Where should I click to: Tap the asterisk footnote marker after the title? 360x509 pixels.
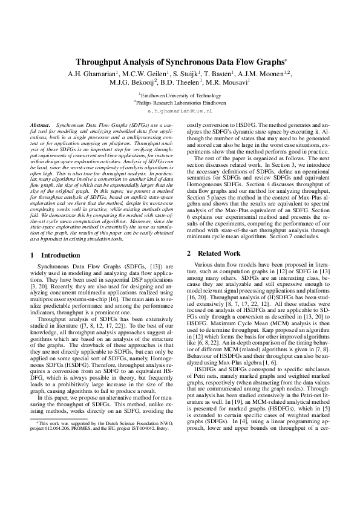tap(286, 60)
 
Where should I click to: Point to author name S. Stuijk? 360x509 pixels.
tap(185, 73)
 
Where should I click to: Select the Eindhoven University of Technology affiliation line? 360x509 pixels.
tap(180, 95)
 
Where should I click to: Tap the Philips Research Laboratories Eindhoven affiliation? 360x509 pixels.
tap(180, 103)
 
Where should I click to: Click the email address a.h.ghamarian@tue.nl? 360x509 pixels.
tap(180, 112)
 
